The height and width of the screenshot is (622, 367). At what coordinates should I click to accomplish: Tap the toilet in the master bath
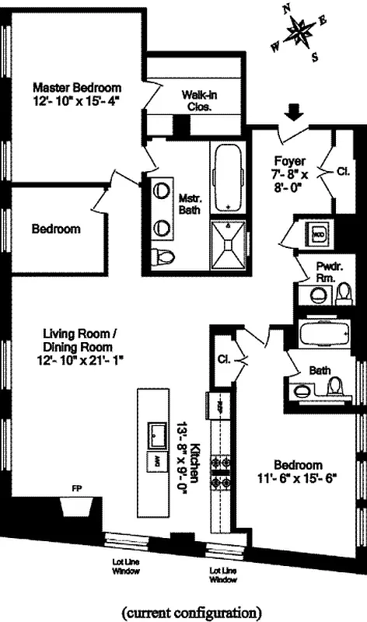pyautogui.click(x=162, y=256)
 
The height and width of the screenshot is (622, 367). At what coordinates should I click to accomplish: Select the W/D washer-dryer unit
pyautogui.click(x=317, y=232)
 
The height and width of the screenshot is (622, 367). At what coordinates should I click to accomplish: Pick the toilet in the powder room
pyautogui.click(x=344, y=294)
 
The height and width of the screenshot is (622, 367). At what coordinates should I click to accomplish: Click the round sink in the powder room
pyautogui.click(x=317, y=295)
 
